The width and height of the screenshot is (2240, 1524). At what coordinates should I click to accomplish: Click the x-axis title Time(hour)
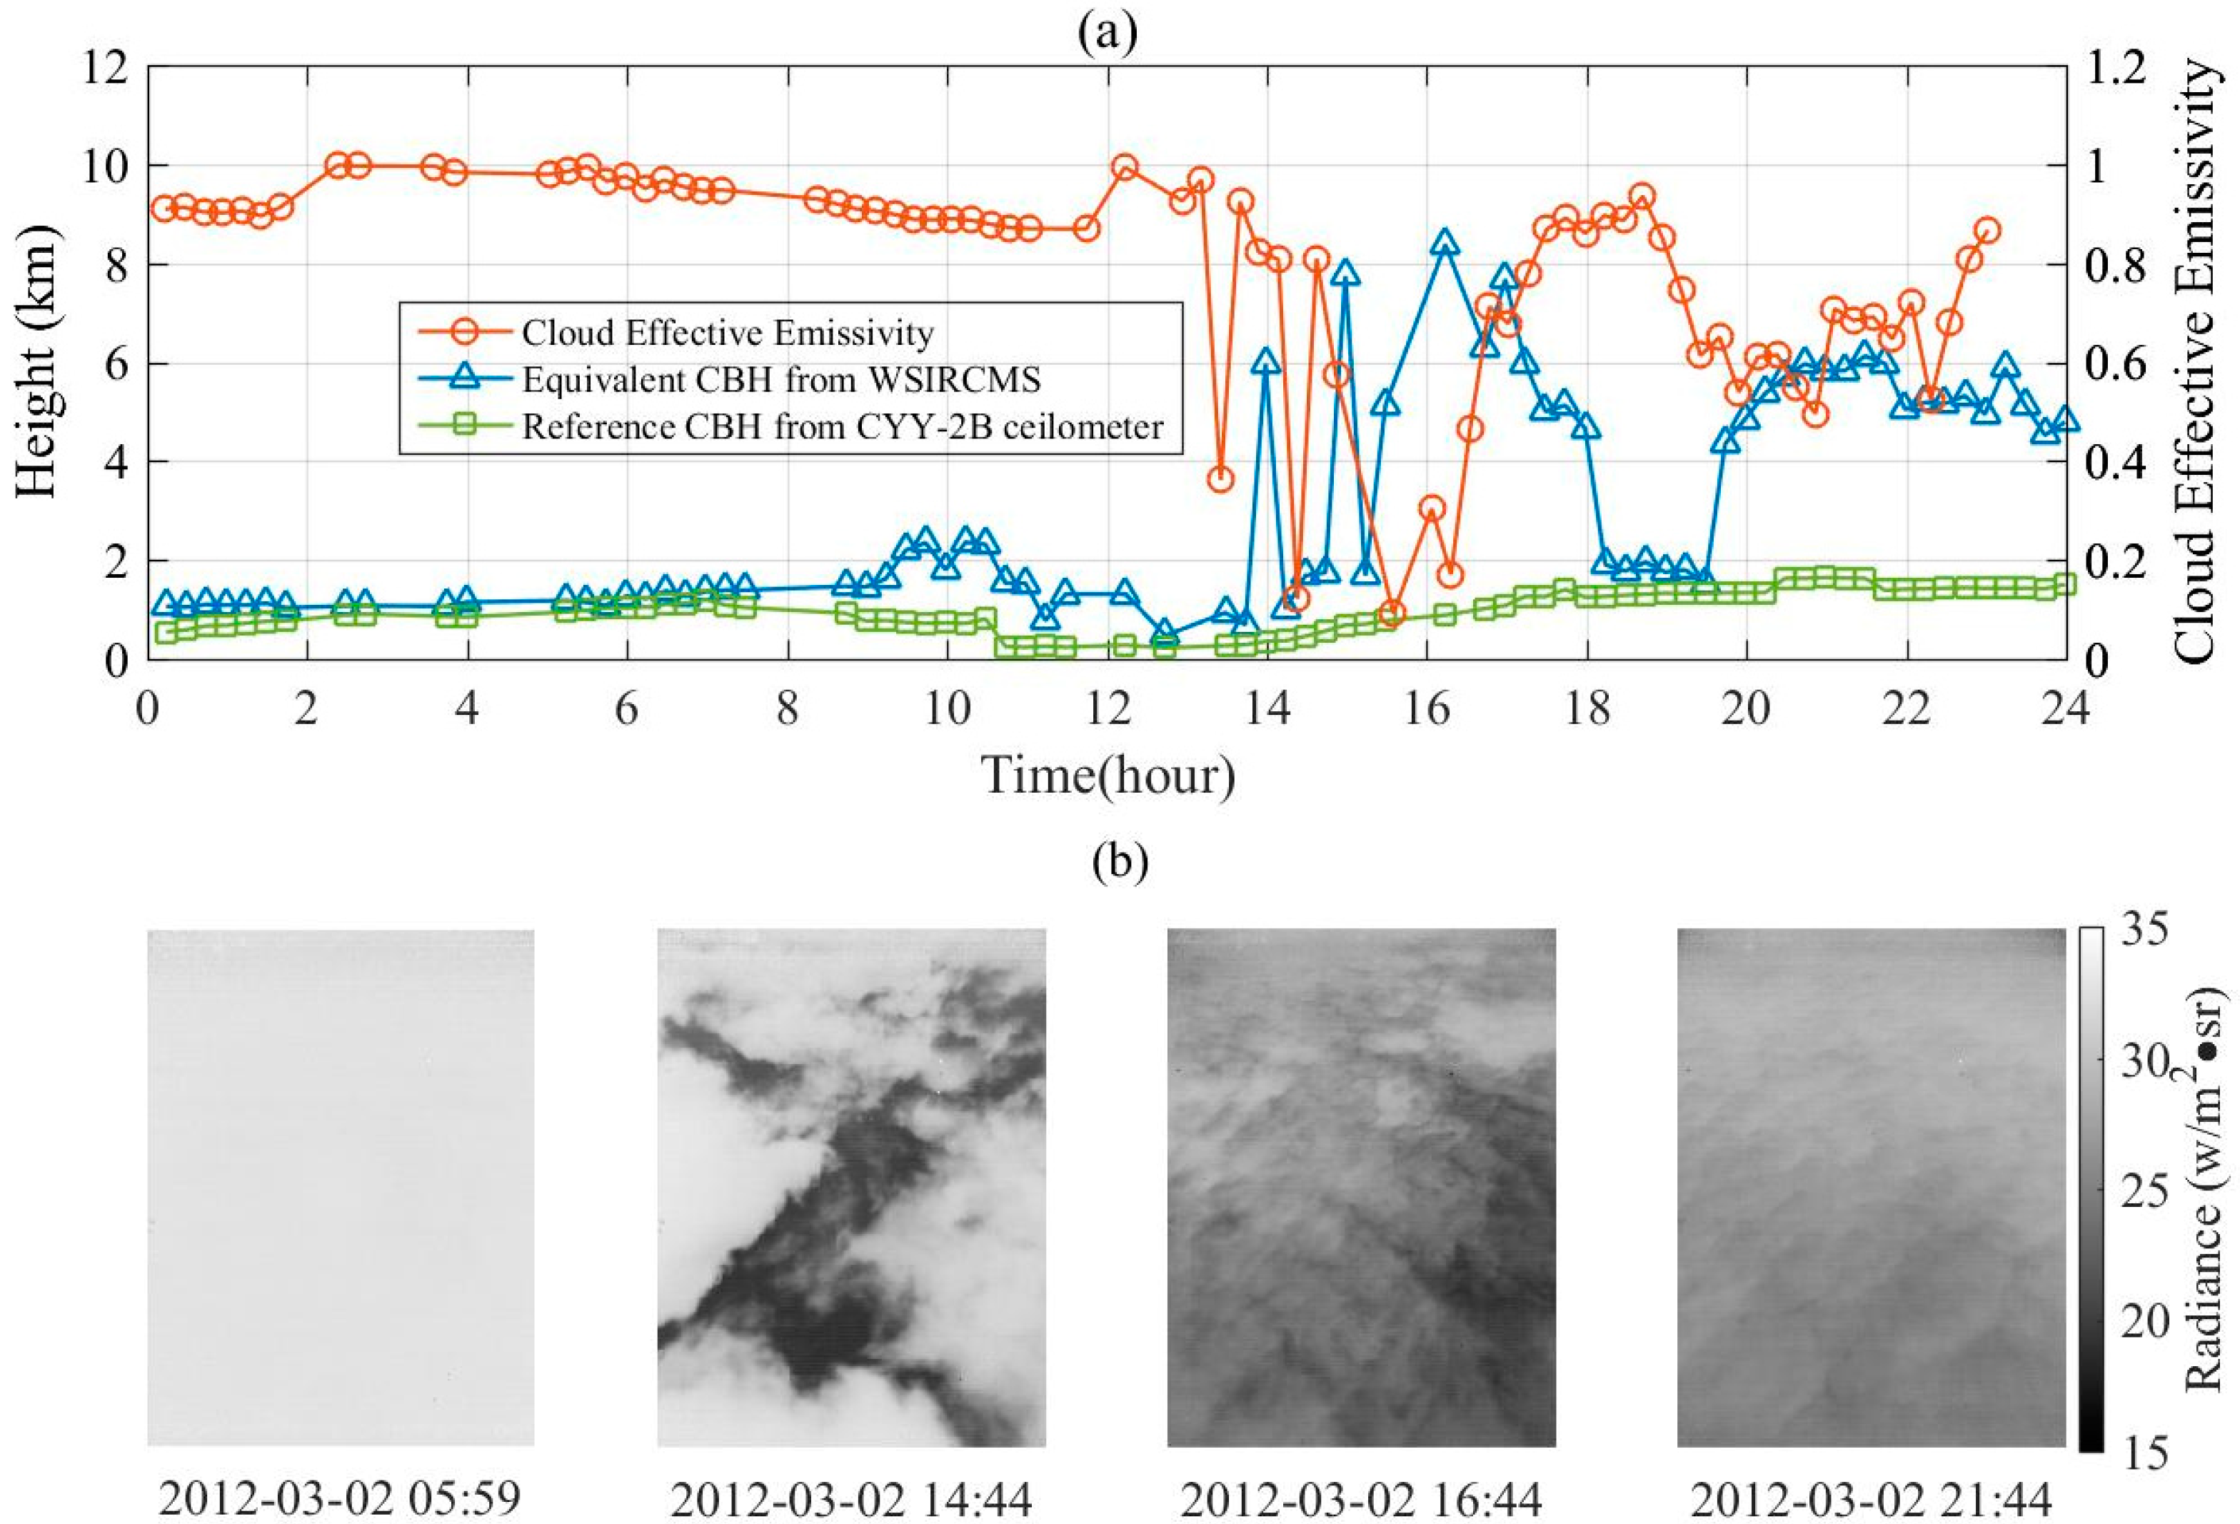pos(1108,774)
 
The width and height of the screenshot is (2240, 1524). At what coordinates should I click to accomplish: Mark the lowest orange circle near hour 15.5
pos(1391,613)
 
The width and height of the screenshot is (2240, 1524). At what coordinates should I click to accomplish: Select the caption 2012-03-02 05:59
pos(340,1499)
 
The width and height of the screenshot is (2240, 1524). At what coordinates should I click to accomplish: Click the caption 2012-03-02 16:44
pos(1361,1499)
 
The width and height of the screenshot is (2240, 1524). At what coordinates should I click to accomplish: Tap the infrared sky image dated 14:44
pos(851,1188)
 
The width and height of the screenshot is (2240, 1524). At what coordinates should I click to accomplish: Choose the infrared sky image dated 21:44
pos(1871,1188)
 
